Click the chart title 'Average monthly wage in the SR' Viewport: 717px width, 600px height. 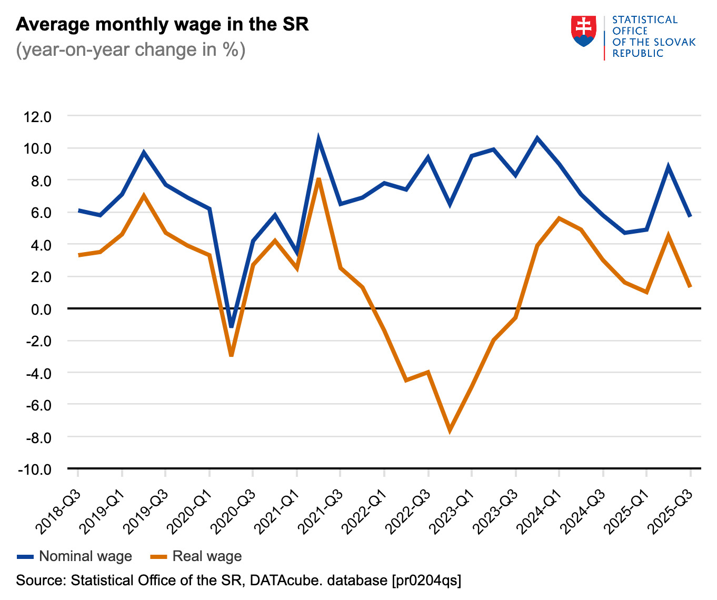162,25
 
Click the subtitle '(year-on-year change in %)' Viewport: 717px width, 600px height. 131,50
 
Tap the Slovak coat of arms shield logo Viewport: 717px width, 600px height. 583,31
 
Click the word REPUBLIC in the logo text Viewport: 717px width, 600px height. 638,53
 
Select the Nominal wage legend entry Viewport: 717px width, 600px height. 74,556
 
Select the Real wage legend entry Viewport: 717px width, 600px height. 196,556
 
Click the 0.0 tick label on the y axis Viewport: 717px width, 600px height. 41,309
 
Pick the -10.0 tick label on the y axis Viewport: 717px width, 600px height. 34,469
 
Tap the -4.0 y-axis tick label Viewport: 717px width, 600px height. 37,373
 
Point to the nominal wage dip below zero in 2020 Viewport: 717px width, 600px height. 231,326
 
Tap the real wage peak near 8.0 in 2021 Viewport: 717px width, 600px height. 318,180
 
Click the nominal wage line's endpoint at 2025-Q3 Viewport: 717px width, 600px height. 690,216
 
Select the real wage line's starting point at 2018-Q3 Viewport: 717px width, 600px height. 78,255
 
